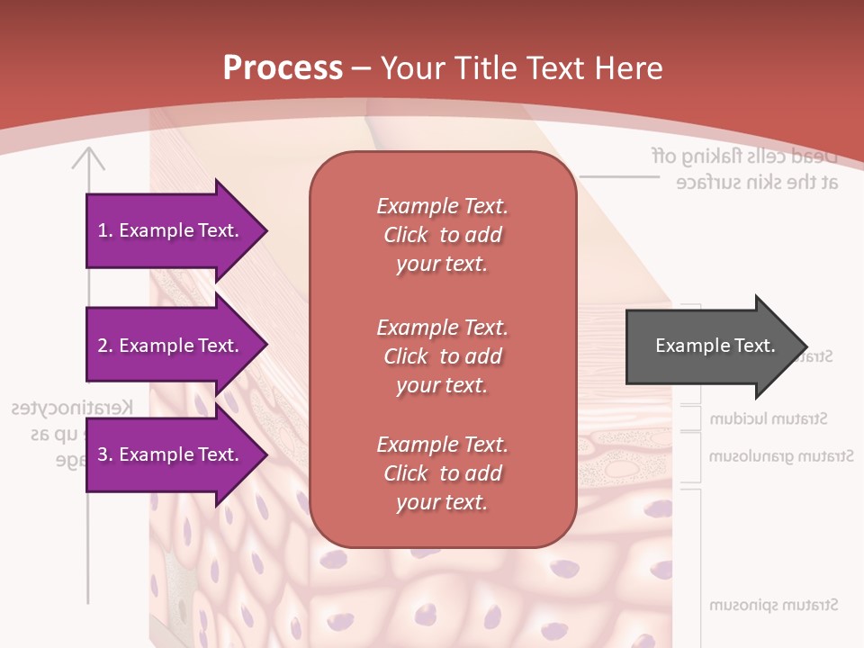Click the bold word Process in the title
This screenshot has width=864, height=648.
click(283, 68)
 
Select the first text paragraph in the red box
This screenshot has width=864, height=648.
click(442, 235)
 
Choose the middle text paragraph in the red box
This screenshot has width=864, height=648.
click(442, 355)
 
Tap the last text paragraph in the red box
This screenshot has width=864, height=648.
click(442, 473)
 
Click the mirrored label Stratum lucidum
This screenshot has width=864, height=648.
click(769, 419)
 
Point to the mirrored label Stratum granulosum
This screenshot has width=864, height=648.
click(780, 457)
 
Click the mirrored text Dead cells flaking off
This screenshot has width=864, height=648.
click(744, 155)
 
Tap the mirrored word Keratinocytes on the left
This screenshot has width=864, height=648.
click(73, 408)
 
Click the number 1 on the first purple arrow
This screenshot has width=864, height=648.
click(103, 230)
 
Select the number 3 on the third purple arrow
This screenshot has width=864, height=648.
click(103, 454)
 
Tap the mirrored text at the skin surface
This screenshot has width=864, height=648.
click(757, 182)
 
